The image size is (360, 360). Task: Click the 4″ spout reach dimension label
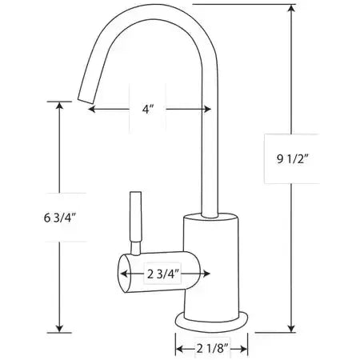click(x=148, y=109)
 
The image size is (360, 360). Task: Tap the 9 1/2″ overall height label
click(x=292, y=159)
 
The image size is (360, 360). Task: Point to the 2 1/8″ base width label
click(x=213, y=348)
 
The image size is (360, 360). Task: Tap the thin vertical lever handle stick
click(x=135, y=217)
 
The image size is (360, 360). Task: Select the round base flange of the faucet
click(x=211, y=322)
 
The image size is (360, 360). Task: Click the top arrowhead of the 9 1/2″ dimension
click(x=292, y=8)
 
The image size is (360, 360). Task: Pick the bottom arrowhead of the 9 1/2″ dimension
click(x=292, y=329)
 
